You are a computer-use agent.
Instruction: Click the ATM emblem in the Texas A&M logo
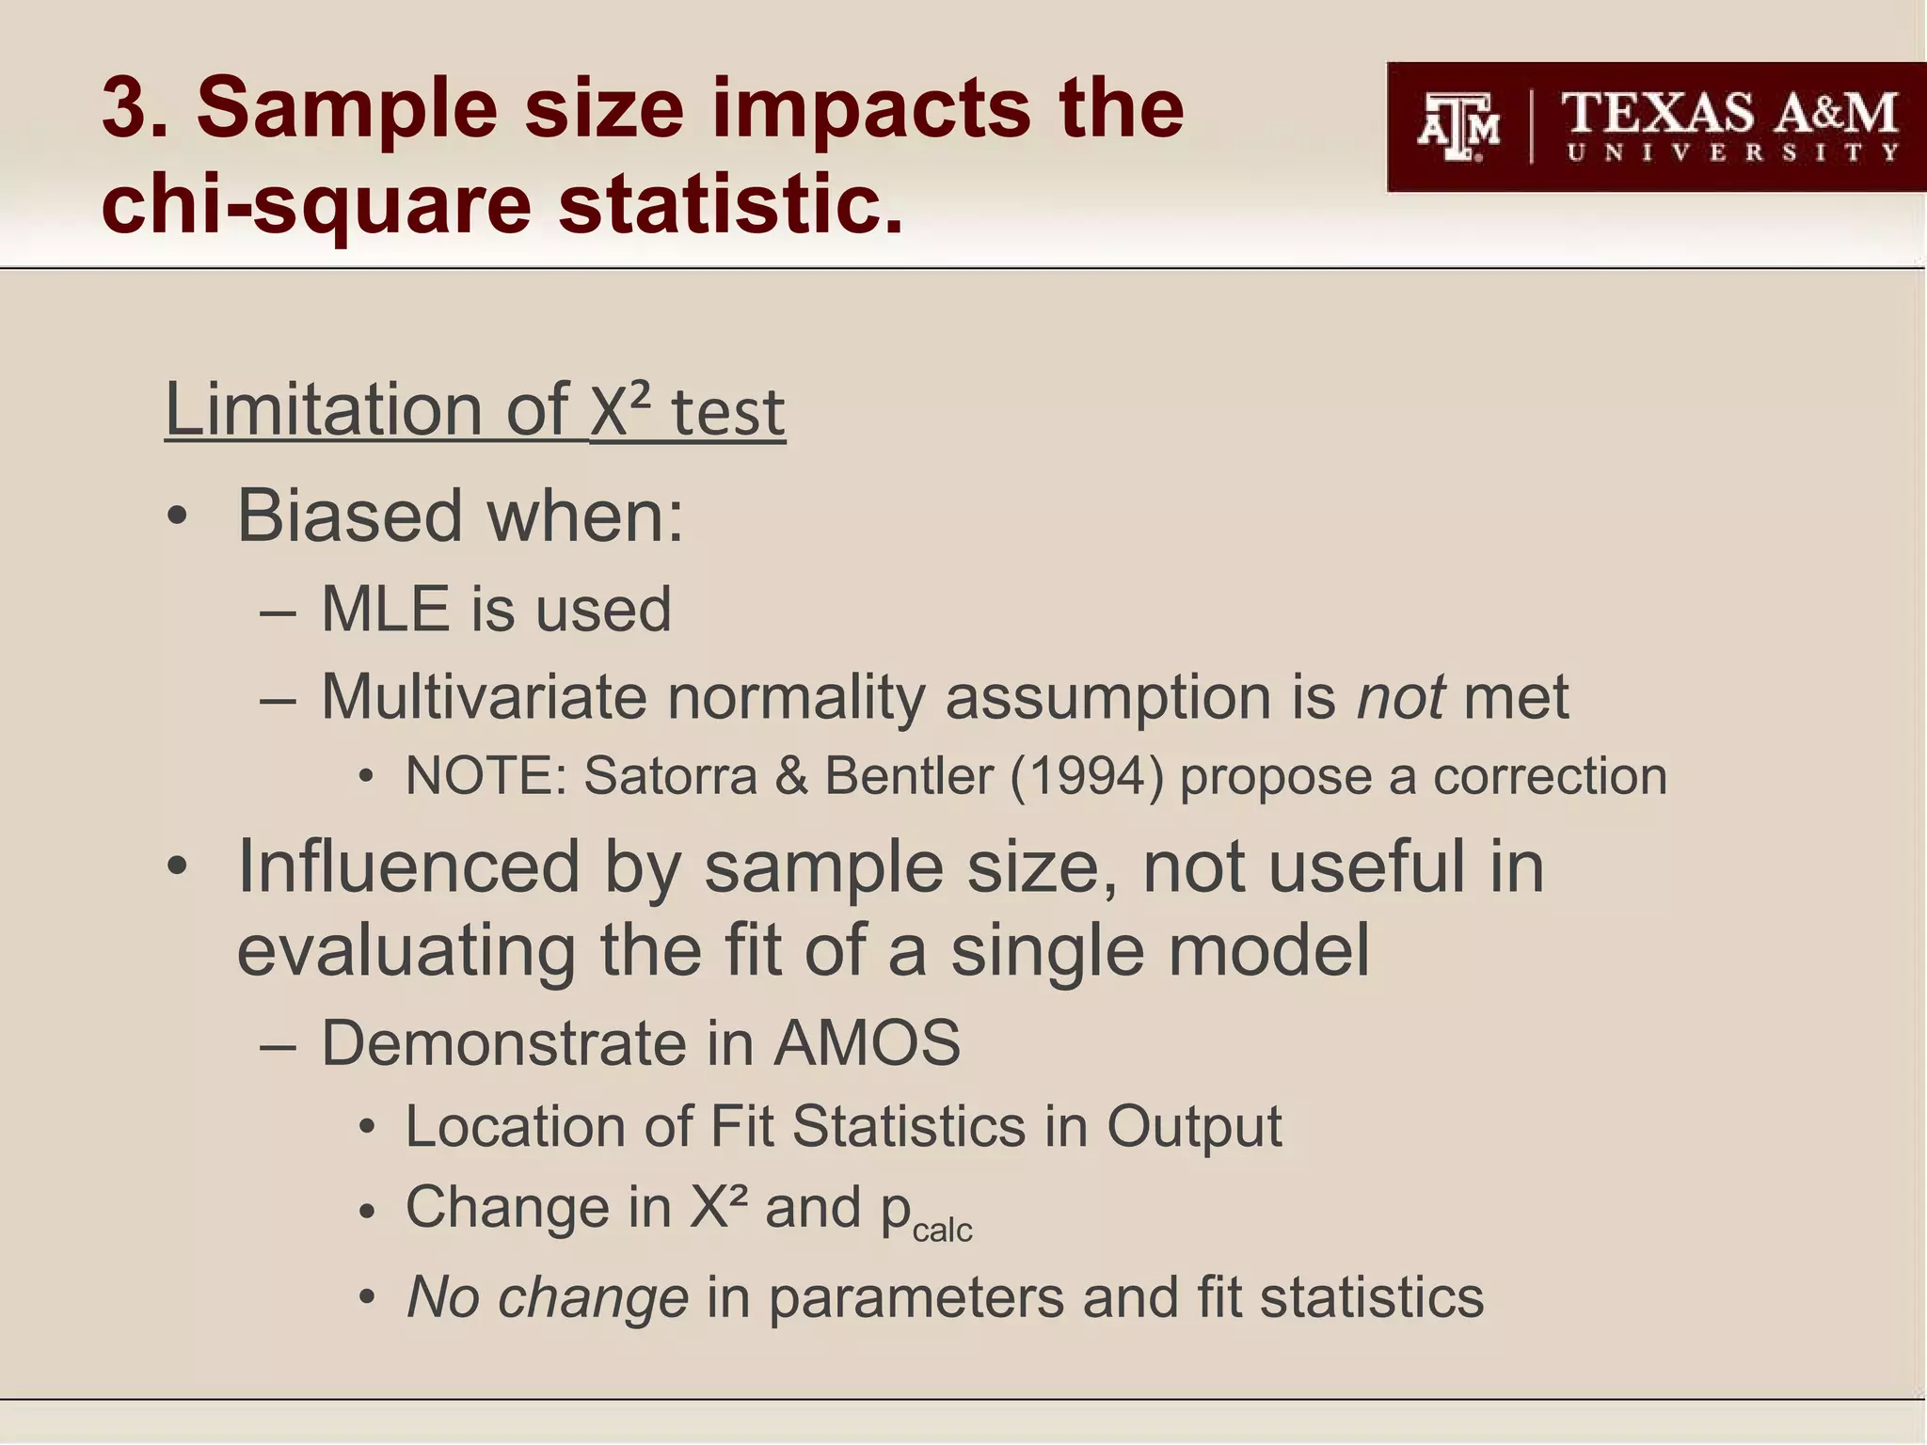(1458, 127)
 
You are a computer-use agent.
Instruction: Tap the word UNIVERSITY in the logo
(1732, 152)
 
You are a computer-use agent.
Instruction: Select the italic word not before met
(1400, 697)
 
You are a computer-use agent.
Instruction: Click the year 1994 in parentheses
(1087, 776)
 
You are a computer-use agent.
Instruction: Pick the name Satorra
(670, 776)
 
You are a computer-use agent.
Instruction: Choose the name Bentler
(909, 776)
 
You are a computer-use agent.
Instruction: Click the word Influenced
(408, 866)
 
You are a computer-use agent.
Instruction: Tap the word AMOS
(867, 1043)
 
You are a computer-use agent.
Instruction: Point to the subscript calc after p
(943, 1230)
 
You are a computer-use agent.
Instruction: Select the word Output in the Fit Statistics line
(1193, 1126)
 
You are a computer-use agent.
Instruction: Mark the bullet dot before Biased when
(177, 517)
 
